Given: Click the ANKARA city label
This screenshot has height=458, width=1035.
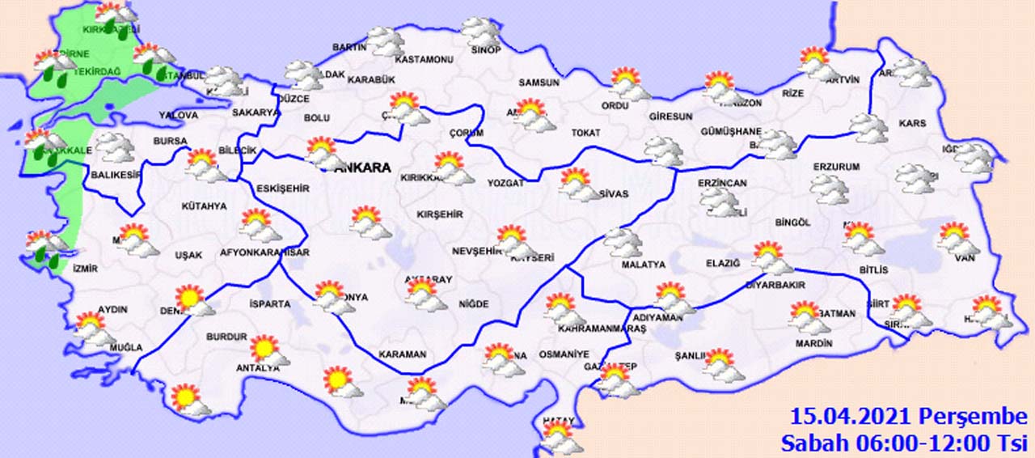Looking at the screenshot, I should [x=361, y=168].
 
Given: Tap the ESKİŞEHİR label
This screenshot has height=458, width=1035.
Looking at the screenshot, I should [x=282, y=189].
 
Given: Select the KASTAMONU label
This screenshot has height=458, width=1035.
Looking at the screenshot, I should [x=423, y=60].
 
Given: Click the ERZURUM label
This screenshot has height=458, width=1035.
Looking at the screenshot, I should [x=835, y=167].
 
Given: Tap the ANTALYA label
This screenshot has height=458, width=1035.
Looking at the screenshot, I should [x=256, y=367].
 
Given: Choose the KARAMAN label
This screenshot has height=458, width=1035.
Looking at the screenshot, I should [x=402, y=354].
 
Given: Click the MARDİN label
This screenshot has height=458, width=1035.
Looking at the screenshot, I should [x=813, y=343].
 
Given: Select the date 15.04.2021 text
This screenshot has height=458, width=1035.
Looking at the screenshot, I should [x=852, y=418].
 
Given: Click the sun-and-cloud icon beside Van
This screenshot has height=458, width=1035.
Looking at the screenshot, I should [x=957, y=240].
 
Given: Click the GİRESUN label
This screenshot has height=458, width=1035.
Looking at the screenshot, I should [x=670, y=117].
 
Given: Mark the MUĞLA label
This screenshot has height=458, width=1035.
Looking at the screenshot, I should [x=125, y=347].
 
